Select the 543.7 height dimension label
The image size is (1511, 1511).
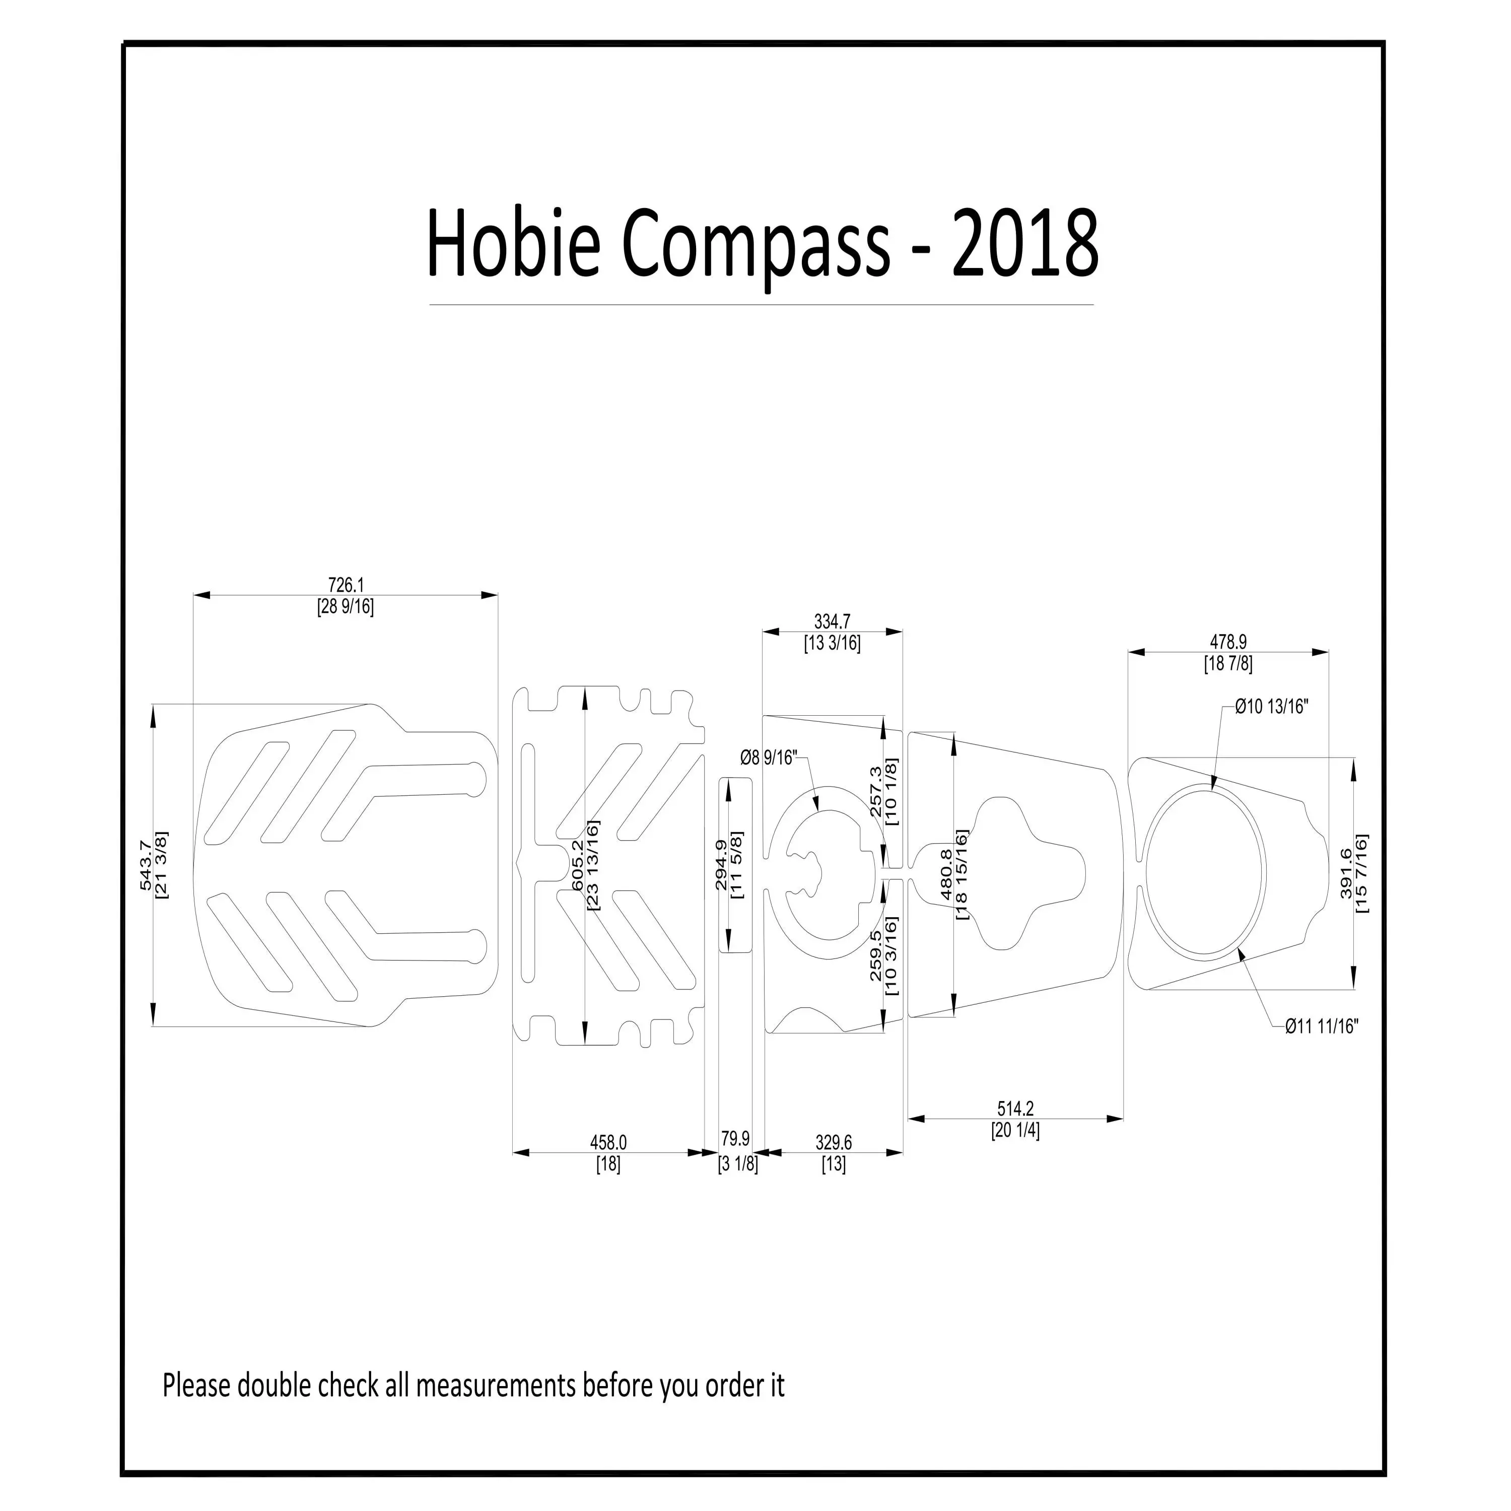(x=146, y=865)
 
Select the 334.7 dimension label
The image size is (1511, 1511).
(x=832, y=622)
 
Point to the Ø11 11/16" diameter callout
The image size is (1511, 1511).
(x=1322, y=1026)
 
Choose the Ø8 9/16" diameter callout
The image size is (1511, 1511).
(x=768, y=758)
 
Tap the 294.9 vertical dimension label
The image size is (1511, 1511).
(x=720, y=865)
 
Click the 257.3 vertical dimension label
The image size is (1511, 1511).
(x=876, y=791)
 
